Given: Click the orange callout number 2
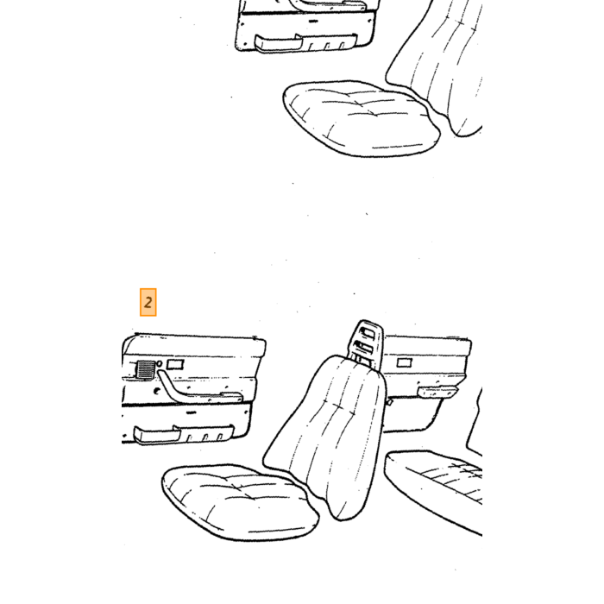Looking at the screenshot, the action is pos(148,302).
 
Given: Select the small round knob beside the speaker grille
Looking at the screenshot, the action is pos(160,363).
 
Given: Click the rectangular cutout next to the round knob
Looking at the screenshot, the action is pos(175,364).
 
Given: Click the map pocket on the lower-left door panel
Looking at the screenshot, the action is pos(183,434).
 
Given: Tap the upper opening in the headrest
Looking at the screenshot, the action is pos(367,332).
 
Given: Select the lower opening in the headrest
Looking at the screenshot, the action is pos(365,347).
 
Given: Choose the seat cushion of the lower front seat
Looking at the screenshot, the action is pos(240,502).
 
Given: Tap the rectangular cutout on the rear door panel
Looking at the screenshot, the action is pos(404,362).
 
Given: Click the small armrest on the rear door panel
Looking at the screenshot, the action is pos(437,392).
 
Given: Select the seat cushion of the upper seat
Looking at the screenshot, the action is pos(362,118).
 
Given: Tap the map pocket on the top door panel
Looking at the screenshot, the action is pos(305,43).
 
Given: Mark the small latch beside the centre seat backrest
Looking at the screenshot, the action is pos(389,402).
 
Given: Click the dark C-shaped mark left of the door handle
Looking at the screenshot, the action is pos(157,392).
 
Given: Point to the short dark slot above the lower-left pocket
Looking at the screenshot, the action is pos(191,412).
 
